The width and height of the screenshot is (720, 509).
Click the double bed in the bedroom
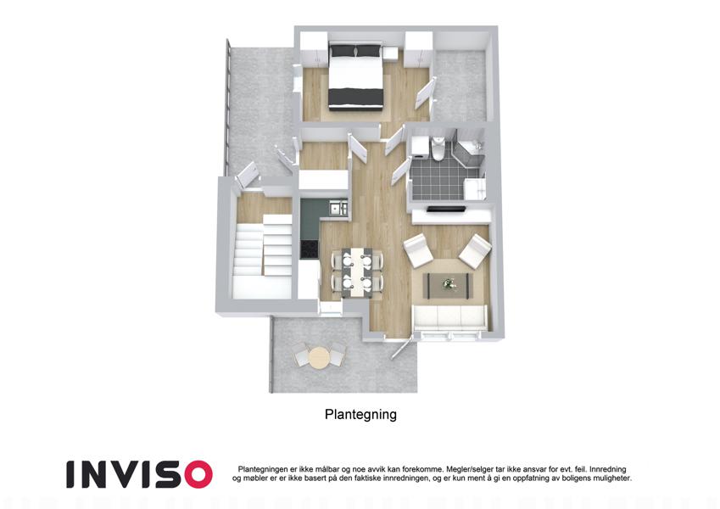pos(355,76)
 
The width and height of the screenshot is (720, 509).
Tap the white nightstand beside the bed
pos(390,53)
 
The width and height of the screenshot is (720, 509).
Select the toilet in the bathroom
pos(437,148)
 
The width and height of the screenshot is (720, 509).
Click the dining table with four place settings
pos(357,273)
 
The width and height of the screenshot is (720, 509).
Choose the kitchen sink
pos(339,208)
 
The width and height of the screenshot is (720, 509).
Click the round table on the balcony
pos(318,357)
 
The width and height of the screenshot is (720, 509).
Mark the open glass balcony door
pos(400,350)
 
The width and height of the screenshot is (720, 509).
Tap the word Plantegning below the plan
pos(360,414)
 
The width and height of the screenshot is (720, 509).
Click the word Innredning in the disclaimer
pos(607,469)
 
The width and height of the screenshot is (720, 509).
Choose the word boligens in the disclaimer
pos(574,478)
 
